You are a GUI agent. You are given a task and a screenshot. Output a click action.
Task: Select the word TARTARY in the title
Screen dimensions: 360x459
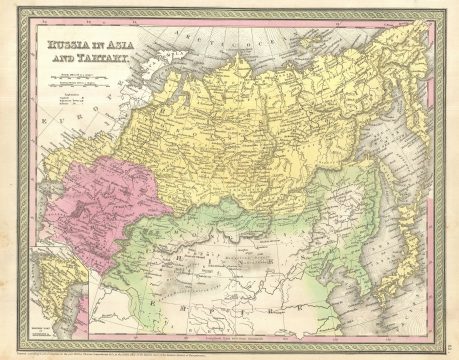pyautogui.click(x=101, y=60)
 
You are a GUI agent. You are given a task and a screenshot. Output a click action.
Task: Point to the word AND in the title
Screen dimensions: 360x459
pyautogui.click(x=55, y=60)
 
